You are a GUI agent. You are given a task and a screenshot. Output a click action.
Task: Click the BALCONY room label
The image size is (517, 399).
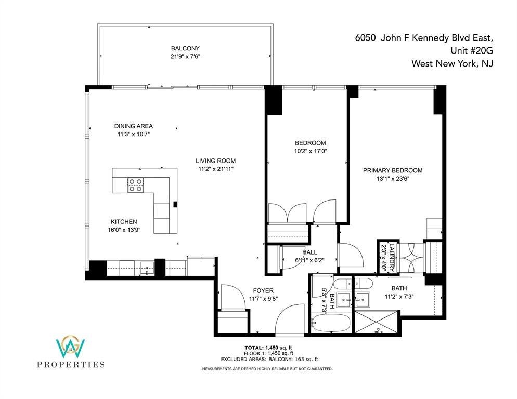185,48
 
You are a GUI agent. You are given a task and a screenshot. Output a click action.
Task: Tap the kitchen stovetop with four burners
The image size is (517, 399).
136,185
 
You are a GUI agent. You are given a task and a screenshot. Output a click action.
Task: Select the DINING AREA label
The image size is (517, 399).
134,126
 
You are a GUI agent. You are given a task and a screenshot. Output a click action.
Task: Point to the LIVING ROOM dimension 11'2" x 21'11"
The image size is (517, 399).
216,169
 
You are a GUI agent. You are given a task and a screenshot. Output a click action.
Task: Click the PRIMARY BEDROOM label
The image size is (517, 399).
393,170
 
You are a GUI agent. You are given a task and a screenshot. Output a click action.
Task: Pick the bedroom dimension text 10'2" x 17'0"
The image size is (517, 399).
311,151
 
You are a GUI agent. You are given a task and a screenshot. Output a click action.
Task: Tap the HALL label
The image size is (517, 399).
309,252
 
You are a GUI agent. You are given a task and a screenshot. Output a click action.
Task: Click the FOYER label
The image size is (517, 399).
263,290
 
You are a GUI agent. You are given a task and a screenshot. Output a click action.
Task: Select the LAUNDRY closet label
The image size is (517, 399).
392,258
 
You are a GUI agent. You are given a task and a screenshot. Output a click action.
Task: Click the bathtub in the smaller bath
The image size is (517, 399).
331,323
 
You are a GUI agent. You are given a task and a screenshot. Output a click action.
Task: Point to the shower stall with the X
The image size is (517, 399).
377,321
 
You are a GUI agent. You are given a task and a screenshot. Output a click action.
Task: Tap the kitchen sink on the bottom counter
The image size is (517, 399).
146,268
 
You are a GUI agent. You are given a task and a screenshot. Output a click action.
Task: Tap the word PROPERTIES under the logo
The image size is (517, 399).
71,364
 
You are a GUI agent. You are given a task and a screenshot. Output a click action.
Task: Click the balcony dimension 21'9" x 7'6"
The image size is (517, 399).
185,56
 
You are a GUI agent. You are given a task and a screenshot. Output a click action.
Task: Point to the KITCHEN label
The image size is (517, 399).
124,222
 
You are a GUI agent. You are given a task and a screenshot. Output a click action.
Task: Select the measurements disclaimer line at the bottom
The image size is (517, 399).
267,369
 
